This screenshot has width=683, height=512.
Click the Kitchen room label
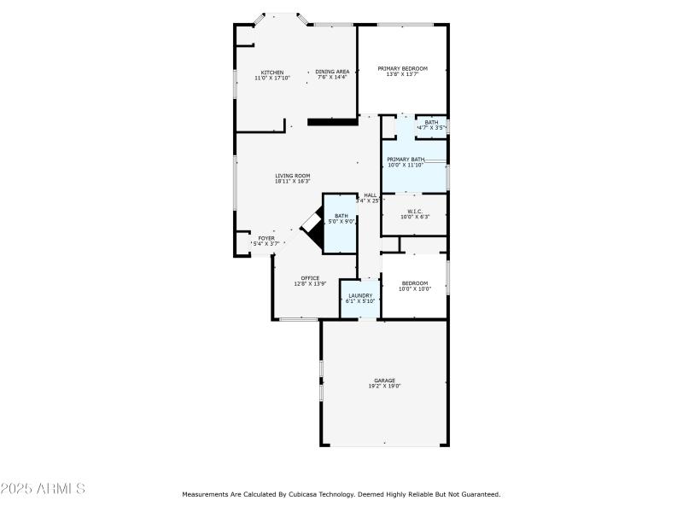pos(272,72)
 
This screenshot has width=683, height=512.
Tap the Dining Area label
pos(332,72)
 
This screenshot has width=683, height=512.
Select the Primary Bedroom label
pos(402,68)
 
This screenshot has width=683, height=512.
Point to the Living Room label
pos(292,176)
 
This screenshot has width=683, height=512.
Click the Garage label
pos(384,381)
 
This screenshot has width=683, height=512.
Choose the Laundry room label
pos(359,295)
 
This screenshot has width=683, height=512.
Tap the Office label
pos(310,278)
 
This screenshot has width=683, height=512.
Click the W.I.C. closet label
pos(414,211)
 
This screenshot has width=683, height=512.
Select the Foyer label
pos(266,238)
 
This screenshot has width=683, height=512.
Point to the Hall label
pos(371,195)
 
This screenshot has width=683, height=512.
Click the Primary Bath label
pos(406,160)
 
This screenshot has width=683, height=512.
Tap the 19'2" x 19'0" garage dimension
pos(384,387)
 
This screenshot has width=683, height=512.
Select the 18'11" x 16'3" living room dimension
pos(292,182)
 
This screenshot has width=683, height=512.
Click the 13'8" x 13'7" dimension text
pos(402,74)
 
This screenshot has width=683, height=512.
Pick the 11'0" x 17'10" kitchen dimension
pos(272,78)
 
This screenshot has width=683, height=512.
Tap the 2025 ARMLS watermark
pos(43,489)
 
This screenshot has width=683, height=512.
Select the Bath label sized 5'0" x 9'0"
pos(341,216)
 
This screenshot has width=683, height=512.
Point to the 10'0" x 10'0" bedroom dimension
pos(415,289)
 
